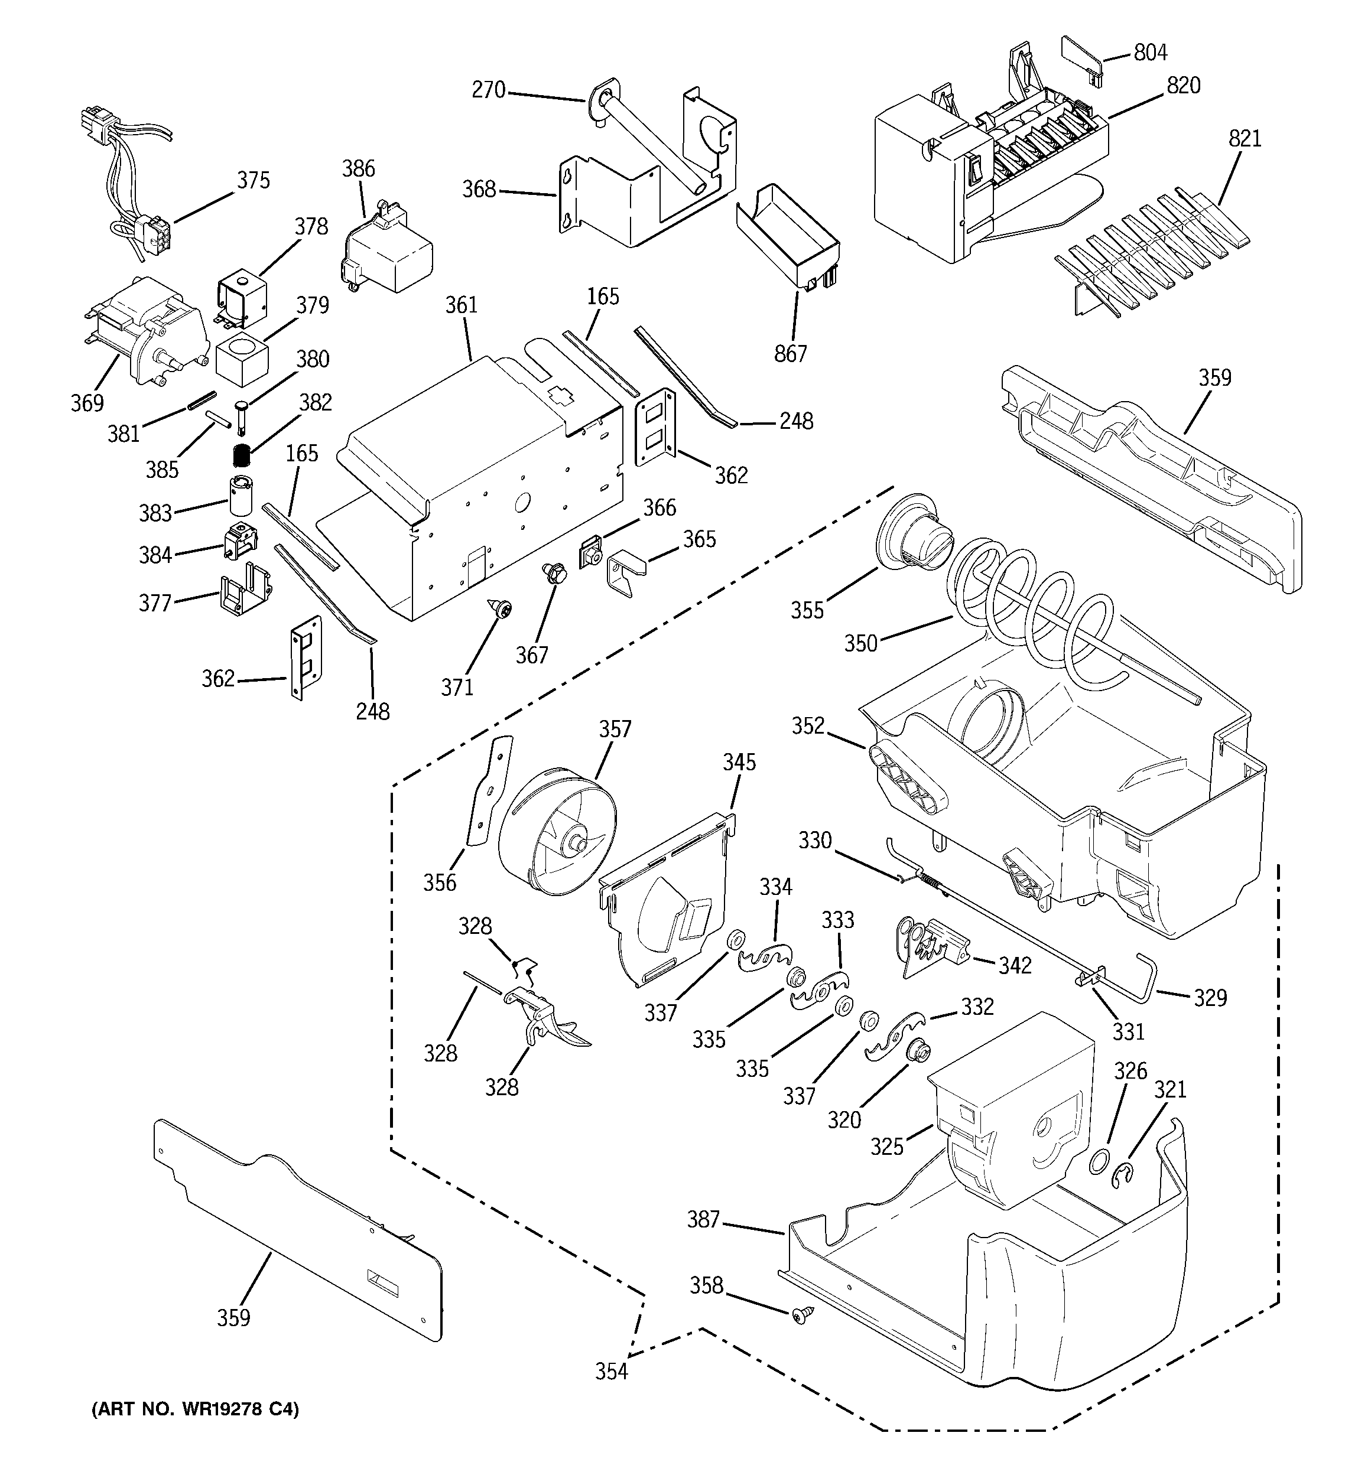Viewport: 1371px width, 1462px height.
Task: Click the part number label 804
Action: point(1150,52)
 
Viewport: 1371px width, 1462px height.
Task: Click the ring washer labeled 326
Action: point(1099,1163)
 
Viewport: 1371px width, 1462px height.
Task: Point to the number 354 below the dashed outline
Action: point(612,1372)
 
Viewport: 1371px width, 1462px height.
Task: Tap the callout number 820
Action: point(1183,86)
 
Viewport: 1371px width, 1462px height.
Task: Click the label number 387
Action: point(703,1219)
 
